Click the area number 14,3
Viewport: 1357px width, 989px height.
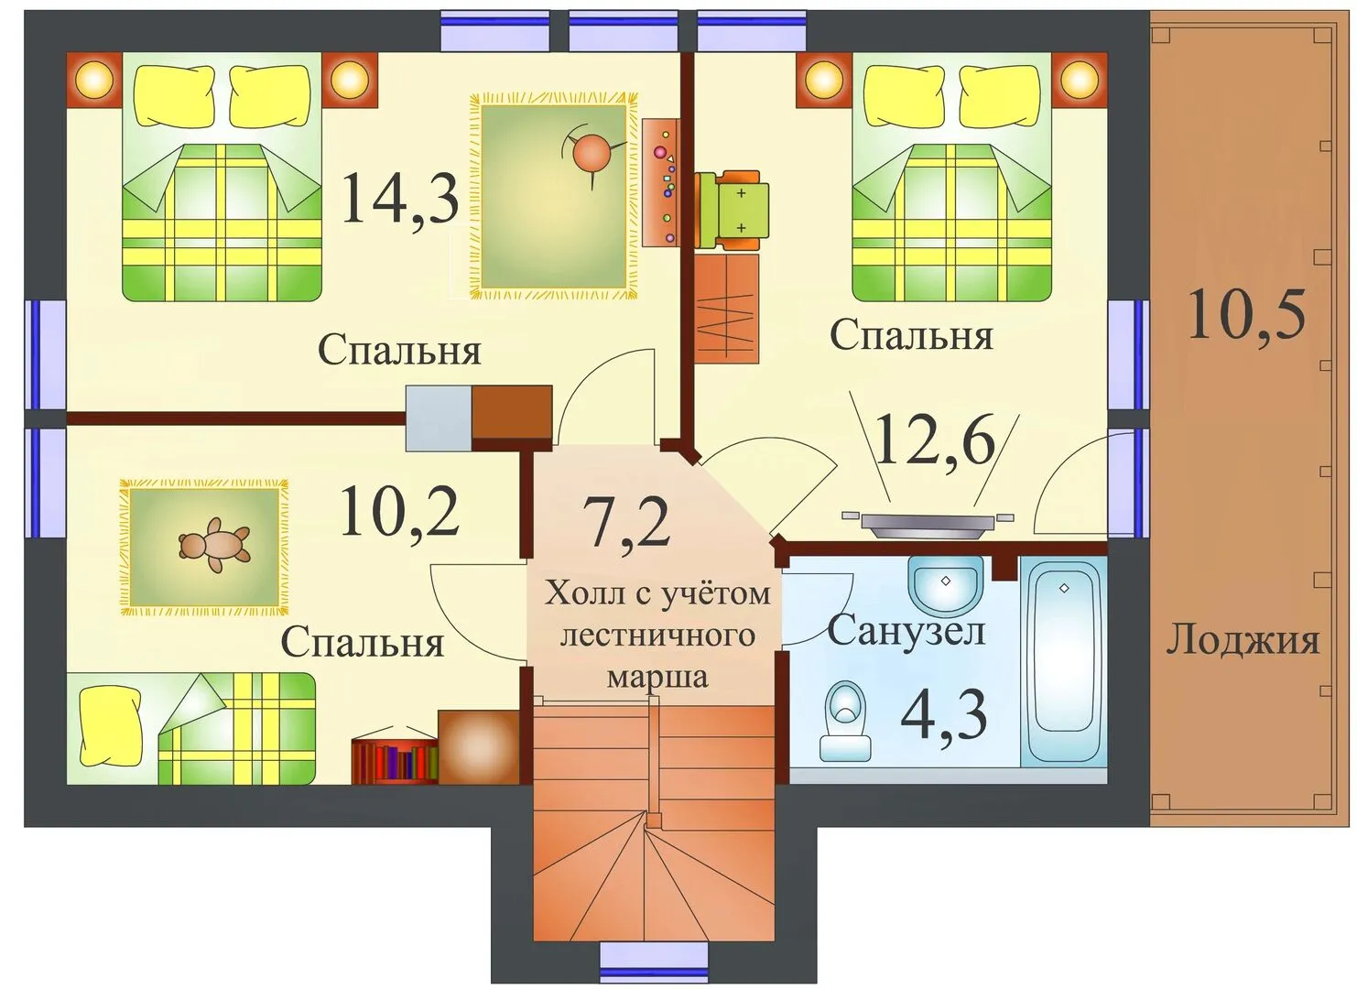coord(400,198)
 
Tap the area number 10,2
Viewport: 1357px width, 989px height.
coord(399,512)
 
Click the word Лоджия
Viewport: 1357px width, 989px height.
coord(1243,640)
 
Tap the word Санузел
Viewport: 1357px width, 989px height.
coord(906,631)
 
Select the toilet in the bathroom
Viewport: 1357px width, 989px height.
coord(846,723)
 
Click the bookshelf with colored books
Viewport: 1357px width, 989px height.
coord(395,760)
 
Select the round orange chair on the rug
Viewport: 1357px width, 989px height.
coord(590,155)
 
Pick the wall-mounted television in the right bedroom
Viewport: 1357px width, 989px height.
coord(928,523)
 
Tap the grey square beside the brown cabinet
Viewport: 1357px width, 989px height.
coord(439,418)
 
